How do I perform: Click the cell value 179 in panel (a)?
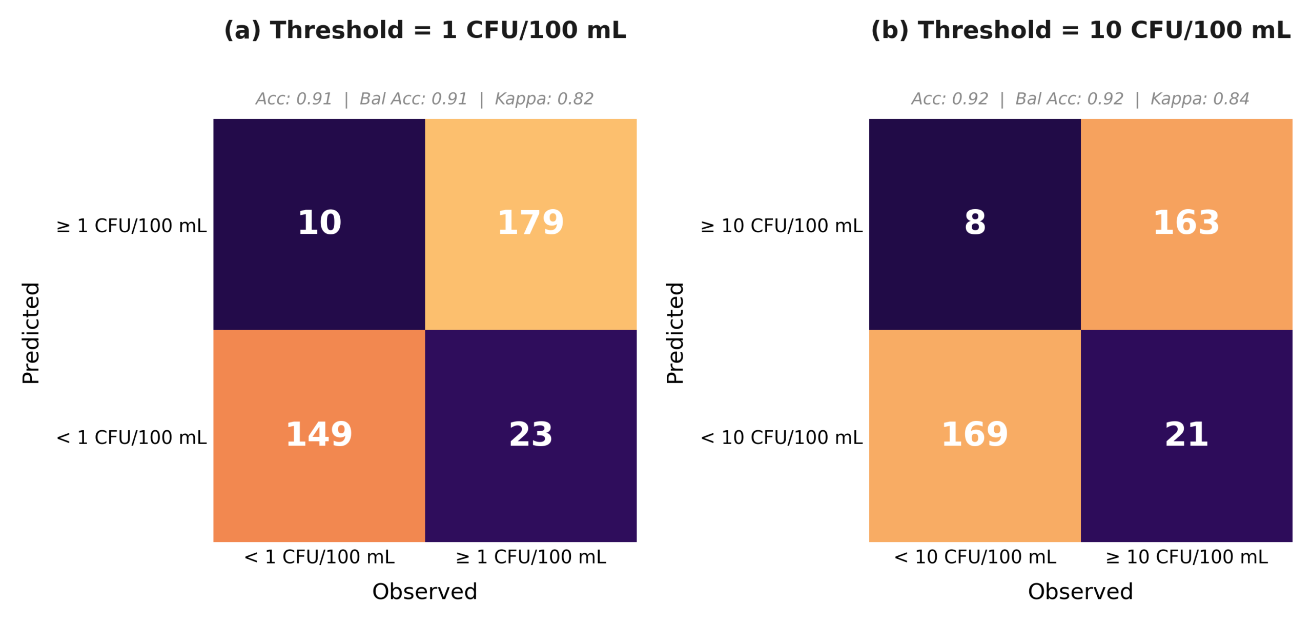530,223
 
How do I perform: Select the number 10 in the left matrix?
319,223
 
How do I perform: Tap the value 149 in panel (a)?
319,434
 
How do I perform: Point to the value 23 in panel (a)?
530,434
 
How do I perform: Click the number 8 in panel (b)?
974,223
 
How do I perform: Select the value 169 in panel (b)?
974,434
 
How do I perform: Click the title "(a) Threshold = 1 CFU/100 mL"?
425,30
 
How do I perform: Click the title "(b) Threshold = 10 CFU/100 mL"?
1080,30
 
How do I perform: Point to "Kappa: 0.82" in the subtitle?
543,98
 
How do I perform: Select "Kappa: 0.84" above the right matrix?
1199,98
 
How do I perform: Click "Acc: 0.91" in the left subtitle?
294,98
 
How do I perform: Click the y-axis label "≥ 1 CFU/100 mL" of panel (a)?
131,226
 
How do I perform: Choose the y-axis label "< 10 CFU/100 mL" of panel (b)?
781,437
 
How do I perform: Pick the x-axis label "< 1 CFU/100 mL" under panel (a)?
319,556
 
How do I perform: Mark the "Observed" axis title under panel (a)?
424,591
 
